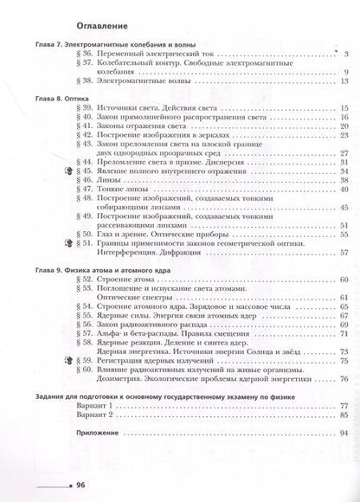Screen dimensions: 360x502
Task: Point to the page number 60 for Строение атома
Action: pos(343,281)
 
